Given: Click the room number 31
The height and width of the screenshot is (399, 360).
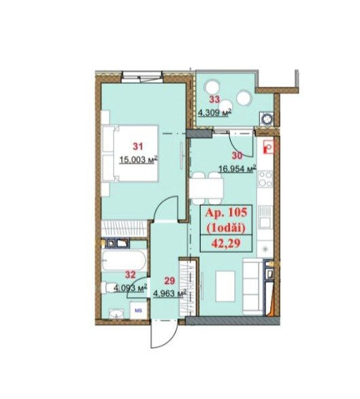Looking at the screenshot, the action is tap(138, 146).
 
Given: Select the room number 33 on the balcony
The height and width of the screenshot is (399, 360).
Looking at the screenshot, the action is tap(214, 99).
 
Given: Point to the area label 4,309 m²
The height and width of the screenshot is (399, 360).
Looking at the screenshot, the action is tap(214, 112).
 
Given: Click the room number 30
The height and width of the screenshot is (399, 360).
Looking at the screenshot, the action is tap(237, 156).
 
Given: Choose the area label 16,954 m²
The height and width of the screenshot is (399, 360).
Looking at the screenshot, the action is tap(238, 169).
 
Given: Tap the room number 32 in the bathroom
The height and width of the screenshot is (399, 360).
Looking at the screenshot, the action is tap(130, 275).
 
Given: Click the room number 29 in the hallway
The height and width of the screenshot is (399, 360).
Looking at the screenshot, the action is tap(169, 281).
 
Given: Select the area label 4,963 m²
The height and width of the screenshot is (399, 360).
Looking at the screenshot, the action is tap(169, 294).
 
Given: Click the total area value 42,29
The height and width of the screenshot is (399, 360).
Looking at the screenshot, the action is tap(226, 244).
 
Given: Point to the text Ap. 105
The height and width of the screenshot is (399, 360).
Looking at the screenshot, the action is tap(226, 213).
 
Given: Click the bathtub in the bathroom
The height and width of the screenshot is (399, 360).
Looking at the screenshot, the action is tap(124, 260).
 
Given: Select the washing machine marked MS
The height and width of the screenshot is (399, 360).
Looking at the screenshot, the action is tap(138, 311).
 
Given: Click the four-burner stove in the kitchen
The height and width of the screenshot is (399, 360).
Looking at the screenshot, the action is tap(265, 179).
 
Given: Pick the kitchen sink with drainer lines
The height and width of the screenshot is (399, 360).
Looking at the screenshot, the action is tap(265, 217).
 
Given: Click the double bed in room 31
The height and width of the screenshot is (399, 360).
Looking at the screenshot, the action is tap(130, 153).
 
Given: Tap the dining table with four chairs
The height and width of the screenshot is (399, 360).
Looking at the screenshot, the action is tap(206, 188).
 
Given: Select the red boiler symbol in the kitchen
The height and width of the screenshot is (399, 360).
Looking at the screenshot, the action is tap(268, 148).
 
